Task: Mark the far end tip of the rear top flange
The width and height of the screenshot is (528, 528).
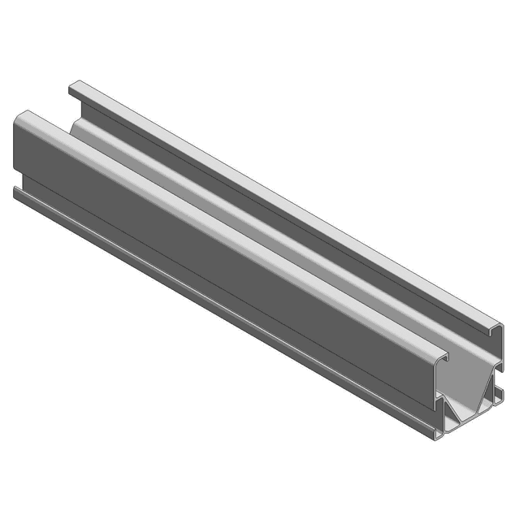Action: (x=73, y=85)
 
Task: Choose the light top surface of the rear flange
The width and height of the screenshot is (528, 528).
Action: (x=284, y=203)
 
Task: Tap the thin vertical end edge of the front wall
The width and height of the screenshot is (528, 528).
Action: (x=437, y=390)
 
